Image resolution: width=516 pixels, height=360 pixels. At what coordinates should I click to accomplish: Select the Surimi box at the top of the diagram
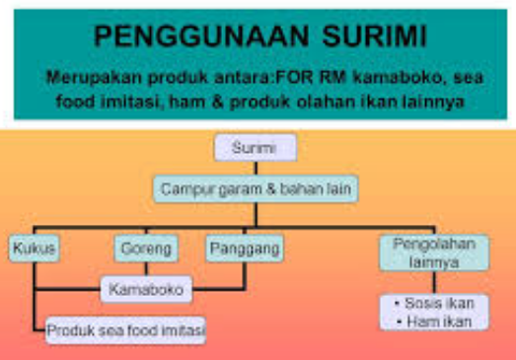256,149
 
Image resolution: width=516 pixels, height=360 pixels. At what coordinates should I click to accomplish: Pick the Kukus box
34,249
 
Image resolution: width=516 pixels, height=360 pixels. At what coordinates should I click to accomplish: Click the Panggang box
245,249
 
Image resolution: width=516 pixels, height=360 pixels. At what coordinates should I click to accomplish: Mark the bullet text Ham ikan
430,321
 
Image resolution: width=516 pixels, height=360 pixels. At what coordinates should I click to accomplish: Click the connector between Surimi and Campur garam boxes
256,167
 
